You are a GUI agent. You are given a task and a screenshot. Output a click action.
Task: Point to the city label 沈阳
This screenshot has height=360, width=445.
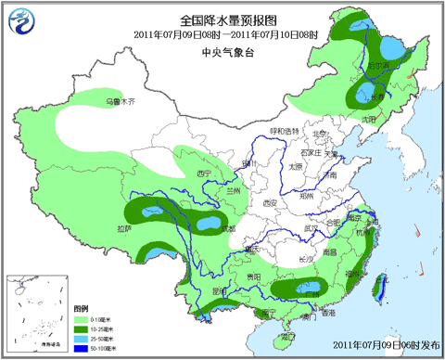coord(370,119)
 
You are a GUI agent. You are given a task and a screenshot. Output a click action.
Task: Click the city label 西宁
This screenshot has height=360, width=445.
coord(205,174)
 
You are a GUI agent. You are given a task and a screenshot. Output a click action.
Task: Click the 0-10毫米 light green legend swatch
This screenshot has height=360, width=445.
coord(81,316)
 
